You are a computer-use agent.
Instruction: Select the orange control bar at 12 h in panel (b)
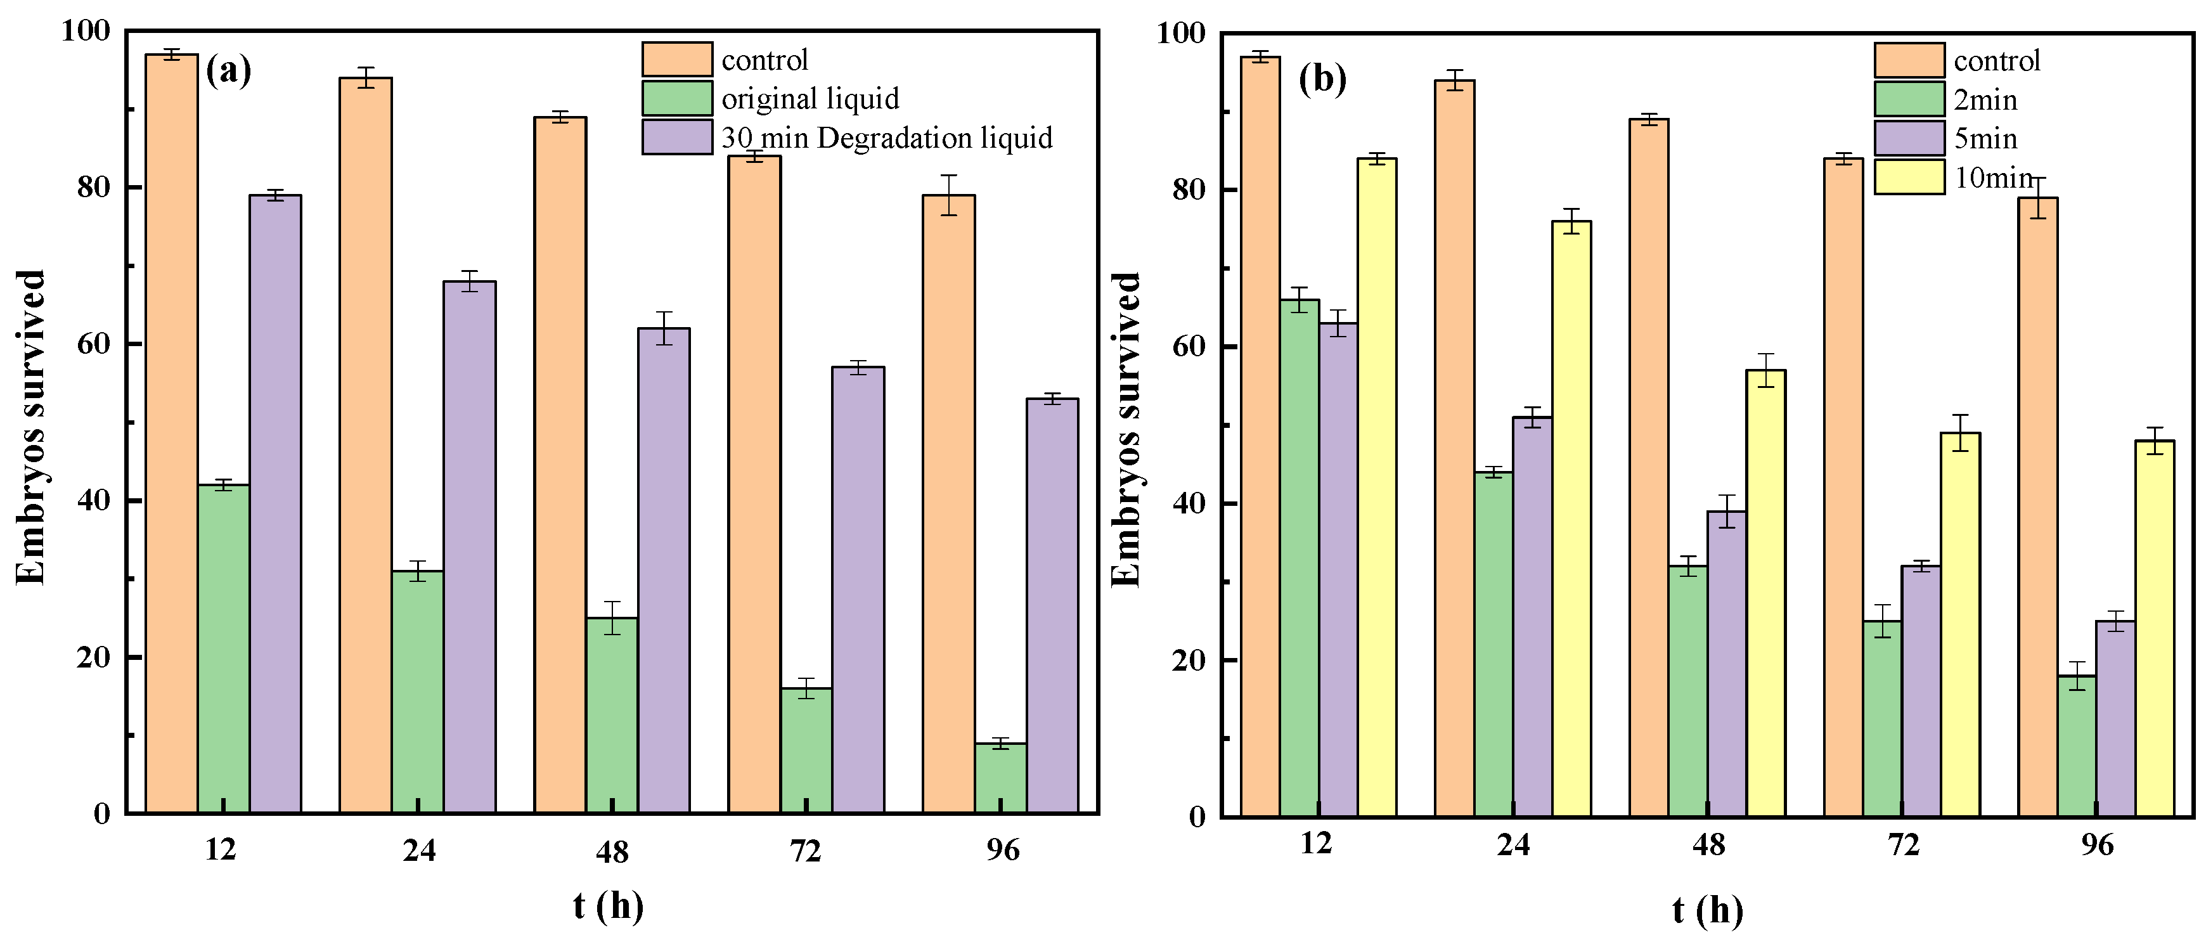[x=1260, y=437]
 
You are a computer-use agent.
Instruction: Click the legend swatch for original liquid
[x=676, y=98]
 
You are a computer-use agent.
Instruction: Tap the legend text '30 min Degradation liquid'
[x=886, y=138]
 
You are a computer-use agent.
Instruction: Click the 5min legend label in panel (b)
[x=1985, y=139]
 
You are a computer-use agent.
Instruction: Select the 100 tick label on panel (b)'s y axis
[x=1180, y=34]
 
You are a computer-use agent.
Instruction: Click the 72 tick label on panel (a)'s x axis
[x=805, y=850]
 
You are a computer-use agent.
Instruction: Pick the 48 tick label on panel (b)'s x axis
[x=1708, y=845]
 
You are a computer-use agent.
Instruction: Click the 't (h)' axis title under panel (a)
[x=608, y=905]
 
